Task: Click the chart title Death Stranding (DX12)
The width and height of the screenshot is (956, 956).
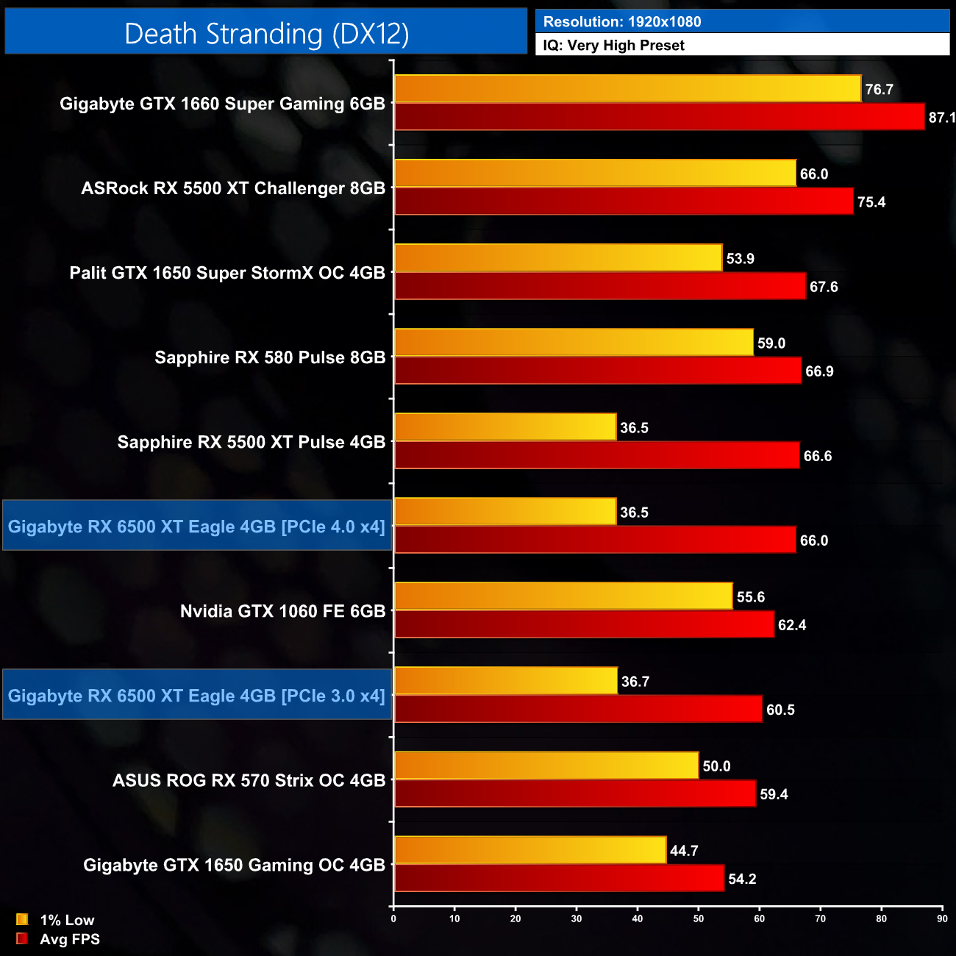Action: [x=266, y=34]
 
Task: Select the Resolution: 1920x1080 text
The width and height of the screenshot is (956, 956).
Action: [x=622, y=22]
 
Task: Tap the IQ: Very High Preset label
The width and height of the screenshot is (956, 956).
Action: [x=613, y=46]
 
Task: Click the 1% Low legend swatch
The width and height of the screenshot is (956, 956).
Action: [x=22, y=919]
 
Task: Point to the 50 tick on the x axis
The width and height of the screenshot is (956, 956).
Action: [x=698, y=918]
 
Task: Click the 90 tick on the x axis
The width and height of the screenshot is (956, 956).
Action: [x=942, y=918]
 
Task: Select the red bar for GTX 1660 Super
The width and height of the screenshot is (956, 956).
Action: [x=659, y=117]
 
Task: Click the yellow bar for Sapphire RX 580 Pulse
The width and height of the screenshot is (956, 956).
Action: [x=574, y=343]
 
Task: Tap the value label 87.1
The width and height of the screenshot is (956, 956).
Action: [x=941, y=118]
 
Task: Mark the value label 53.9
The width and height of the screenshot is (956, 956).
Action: [x=741, y=259]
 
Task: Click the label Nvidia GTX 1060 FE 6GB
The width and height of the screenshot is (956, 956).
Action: [x=282, y=611]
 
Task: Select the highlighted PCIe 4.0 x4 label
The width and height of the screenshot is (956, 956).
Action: [x=196, y=527]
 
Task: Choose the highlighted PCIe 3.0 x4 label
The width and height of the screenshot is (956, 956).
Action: [x=196, y=696]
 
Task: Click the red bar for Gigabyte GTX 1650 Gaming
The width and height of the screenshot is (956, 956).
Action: [x=559, y=878]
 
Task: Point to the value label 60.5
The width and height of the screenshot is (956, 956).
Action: [x=780, y=710]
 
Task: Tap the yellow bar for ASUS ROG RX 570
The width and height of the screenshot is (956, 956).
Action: [x=546, y=766]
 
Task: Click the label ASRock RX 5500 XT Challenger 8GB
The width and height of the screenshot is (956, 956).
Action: [x=233, y=188]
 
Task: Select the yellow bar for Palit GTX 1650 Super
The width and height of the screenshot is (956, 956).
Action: [x=558, y=258]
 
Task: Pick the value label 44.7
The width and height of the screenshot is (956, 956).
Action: [x=684, y=851]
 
